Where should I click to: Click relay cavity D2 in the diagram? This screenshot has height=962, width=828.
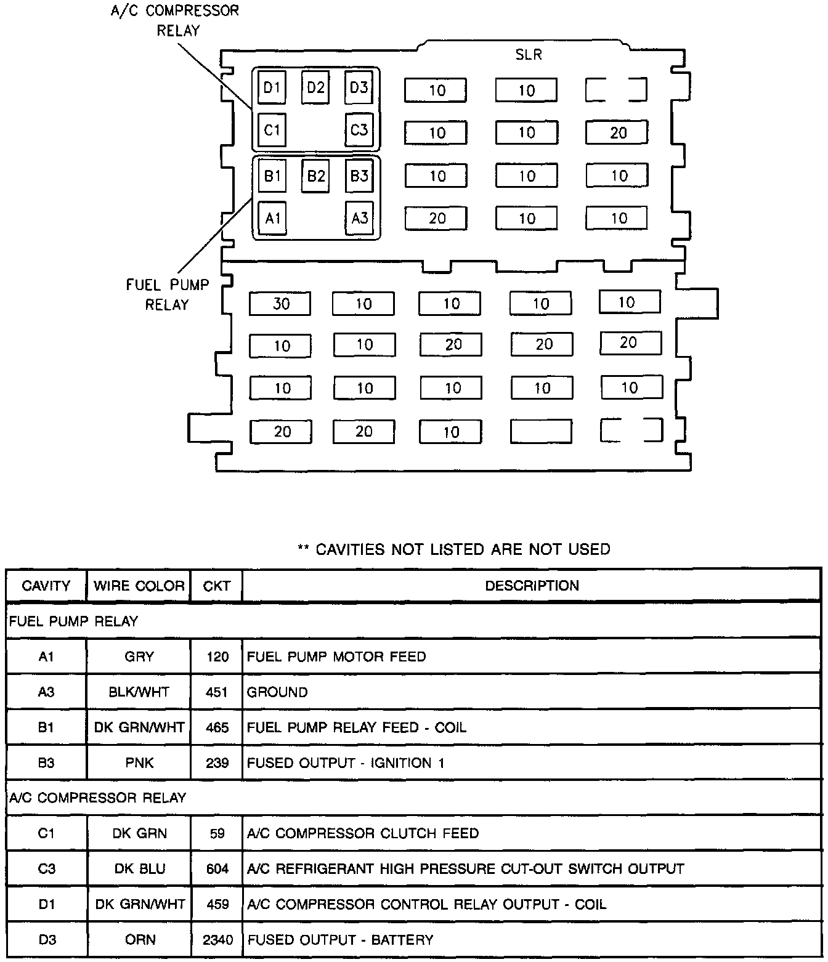click(315, 87)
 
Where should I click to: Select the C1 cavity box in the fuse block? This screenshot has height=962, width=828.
click(272, 130)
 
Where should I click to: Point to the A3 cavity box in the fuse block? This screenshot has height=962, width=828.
click(360, 218)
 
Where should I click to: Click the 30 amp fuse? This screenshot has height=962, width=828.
click(280, 304)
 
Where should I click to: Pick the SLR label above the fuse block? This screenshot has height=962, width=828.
click(529, 55)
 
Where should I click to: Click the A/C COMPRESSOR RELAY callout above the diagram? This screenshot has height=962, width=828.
click(174, 20)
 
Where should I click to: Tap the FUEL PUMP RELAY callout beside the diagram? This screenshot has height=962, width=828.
click(168, 294)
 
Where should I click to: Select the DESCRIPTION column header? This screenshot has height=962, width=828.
click(532, 586)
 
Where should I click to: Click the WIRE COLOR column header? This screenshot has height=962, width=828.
click(139, 586)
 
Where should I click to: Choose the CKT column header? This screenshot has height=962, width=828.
click(216, 586)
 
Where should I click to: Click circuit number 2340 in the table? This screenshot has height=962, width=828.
click(217, 940)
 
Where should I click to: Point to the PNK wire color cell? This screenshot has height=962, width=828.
click(139, 763)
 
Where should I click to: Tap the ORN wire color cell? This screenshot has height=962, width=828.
click(139, 940)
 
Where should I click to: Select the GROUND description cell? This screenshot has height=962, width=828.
click(277, 692)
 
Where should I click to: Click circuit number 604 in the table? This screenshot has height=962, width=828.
click(217, 869)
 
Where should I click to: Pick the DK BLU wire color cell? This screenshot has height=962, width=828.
click(139, 869)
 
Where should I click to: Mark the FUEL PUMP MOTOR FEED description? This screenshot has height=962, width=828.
click(336, 657)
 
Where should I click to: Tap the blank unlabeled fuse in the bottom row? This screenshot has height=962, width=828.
click(541, 432)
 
